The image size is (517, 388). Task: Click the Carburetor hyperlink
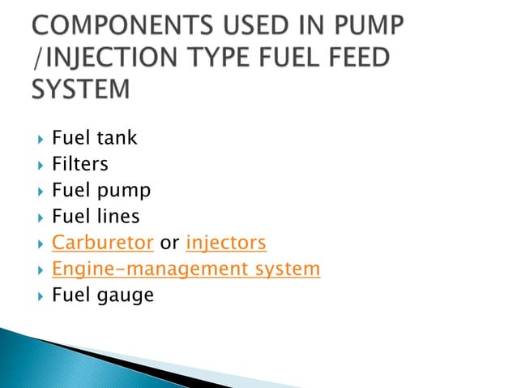tap(103, 242)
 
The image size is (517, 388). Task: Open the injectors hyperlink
tap(226, 242)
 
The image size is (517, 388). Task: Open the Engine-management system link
tap(186, 268)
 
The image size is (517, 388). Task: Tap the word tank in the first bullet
tap(117, 138)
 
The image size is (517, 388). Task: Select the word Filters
tap(79, 164)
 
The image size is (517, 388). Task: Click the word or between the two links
tap(170, 243)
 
